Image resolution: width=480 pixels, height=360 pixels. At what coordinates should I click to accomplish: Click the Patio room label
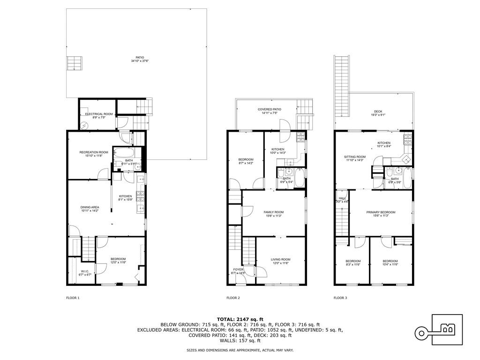(137, 57)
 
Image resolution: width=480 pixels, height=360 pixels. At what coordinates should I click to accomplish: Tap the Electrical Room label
(99, 114)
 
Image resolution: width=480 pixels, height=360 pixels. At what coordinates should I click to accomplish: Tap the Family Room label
(274, 212)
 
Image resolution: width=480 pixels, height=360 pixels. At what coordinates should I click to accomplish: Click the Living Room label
(281, 259)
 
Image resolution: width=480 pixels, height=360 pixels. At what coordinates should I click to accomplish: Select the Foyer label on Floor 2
(239, 270)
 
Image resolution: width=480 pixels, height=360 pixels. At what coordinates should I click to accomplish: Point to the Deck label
(378, 112)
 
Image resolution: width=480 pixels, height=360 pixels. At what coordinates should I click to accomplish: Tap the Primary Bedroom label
(381, 212)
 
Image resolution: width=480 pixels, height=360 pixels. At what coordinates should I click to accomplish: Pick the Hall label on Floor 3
(342, 198)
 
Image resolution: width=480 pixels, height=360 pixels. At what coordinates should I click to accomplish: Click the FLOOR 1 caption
(73, 298)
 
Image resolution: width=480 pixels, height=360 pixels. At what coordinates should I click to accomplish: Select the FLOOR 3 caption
(340, 298)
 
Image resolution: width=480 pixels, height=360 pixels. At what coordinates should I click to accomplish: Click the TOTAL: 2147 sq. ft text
(240, 319)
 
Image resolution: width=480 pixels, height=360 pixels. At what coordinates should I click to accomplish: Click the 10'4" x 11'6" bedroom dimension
(390, 265)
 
